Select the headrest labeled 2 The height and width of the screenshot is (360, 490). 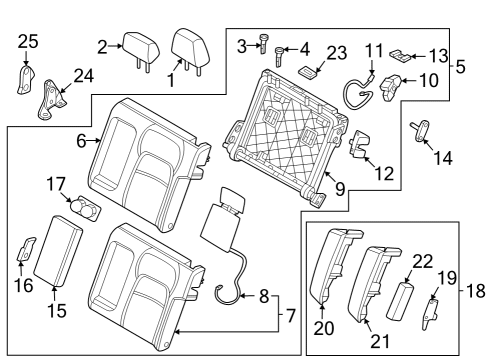(x=137, y=45)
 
